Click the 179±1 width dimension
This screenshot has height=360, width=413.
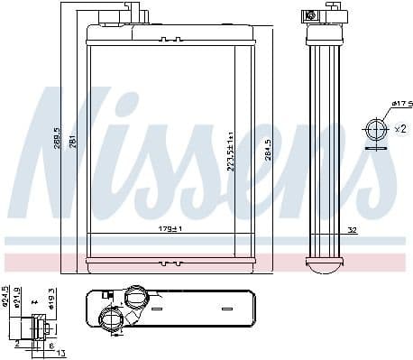171,229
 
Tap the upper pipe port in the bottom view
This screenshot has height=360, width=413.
135,296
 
